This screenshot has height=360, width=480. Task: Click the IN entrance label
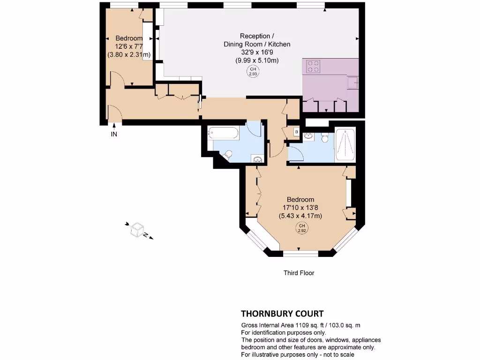[x=114, y=135]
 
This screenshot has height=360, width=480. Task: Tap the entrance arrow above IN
[x=114, y=126]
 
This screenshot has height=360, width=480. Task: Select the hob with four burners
[x=313, y=67]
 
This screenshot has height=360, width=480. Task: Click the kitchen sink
[x=353, y=83]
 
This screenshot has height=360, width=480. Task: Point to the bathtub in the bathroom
[x=223, y=133]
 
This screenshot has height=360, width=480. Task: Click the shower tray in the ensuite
[x=345, y=145]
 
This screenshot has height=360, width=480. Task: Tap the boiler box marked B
[x=296, y=132]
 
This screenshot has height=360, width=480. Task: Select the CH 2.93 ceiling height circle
[x=253, y=72]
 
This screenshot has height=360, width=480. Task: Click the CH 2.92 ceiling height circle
[x=301, y=229]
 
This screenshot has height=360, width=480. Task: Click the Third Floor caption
[x=299, y=273]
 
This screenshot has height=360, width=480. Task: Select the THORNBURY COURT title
[x=282, y=314]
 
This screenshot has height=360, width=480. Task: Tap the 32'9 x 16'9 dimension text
[x=256, y=52]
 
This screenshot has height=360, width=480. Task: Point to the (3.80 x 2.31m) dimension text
[x=129, y=54]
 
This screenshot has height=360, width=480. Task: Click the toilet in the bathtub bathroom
[x=227, y=154]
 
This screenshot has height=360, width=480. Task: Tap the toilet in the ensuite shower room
[x=324, y=138]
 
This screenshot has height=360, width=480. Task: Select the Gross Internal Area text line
[x=300, y=325]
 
